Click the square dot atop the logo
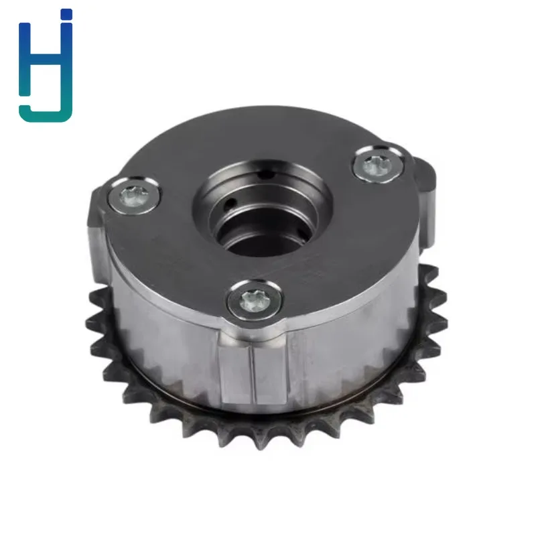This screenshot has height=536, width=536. click(66, 14)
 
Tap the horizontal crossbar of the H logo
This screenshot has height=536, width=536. click(46, 58)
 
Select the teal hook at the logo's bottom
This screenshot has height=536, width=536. click(45, 113)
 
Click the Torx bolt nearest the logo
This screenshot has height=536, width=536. click(134, 197)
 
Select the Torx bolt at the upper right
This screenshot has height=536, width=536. click(376, 166)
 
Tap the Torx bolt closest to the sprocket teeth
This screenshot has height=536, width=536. click(255, 301)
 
